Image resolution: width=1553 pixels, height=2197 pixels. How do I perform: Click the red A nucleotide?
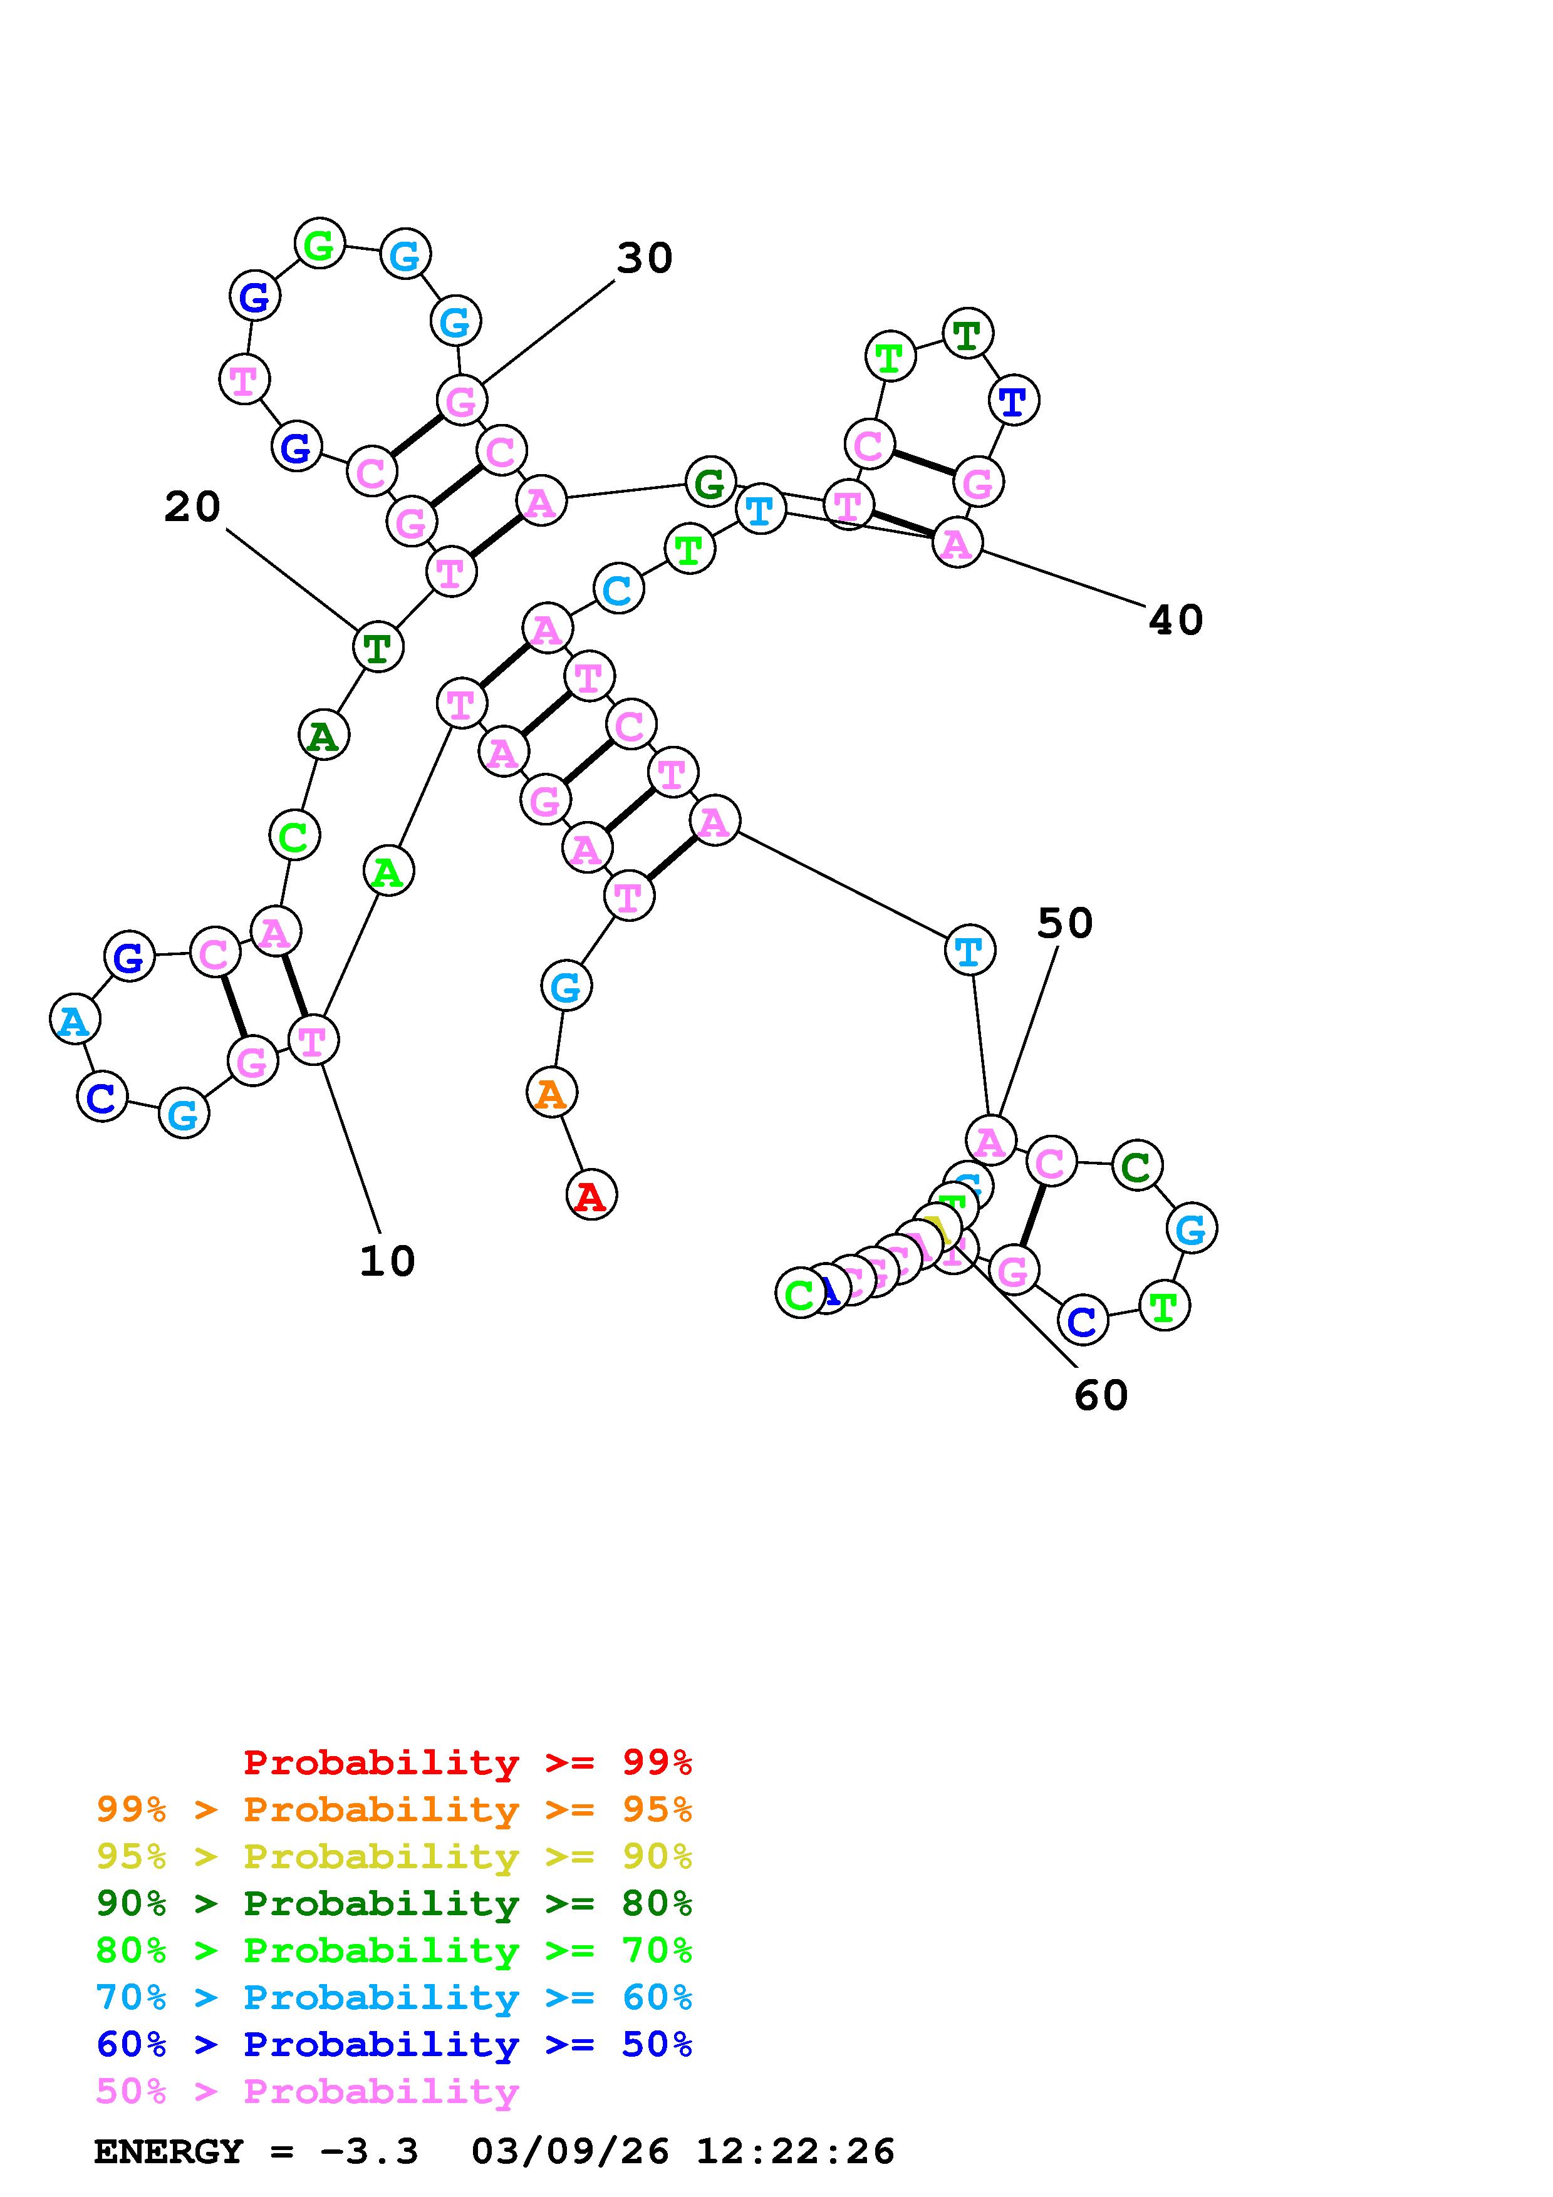pyautogui.click(x=590, y=1195)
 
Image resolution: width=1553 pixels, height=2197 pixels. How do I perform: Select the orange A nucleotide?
pyautogui.click(x=551, y=1093)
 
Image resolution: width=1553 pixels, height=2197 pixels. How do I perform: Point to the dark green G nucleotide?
pyautogui.click(x=710, y=483)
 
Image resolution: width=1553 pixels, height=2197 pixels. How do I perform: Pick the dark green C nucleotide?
pyautogui.click(x=1136, y=1166)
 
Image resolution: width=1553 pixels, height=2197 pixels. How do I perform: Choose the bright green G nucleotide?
pyautogui.click(x=319, y=245)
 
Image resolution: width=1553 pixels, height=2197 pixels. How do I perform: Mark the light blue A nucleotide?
pyautogui.click(x=75, y=1021)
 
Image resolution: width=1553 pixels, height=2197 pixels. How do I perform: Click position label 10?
pyautogui.click(x=387, y=1262)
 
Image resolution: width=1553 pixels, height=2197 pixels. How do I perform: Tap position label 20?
pyautogui.click(x=192, y=507)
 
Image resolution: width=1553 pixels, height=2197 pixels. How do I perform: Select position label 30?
pyautogui.click(x=644, y=259)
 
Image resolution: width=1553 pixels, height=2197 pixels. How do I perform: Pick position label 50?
pyautogui.click(x=1064, y=923)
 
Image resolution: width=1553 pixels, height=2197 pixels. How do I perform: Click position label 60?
pyautogui.click(x=1101, y=1396)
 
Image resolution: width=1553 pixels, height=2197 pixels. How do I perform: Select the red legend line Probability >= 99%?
pyautogui.click(x=468, y=1762)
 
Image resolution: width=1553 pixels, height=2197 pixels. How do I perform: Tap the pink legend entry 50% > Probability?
pyautogui.click(x=307, y=2092)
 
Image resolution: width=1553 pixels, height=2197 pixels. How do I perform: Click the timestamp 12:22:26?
pyautogui.click(x=795, y=2152)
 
